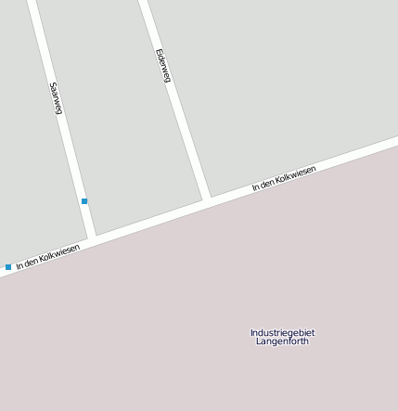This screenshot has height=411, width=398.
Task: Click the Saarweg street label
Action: tap(56, 98)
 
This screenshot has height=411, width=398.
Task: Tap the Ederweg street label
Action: tap(163, 65)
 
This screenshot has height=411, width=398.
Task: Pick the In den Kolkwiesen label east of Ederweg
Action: tap(284, 178)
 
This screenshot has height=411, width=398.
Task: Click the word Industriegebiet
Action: tap(282, 332)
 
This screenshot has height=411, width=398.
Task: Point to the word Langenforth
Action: tap(282, 341)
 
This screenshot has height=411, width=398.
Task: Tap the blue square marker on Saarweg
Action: tap(84, 201)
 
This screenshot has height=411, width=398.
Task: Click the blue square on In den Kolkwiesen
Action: tap(8, 267)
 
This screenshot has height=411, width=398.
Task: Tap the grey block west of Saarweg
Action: tap(28, 139)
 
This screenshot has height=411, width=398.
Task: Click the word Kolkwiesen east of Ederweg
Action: tap(297, 174)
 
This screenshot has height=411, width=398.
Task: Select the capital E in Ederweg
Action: tap(159, 50)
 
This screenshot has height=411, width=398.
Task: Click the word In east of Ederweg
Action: tap(256, 188)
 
